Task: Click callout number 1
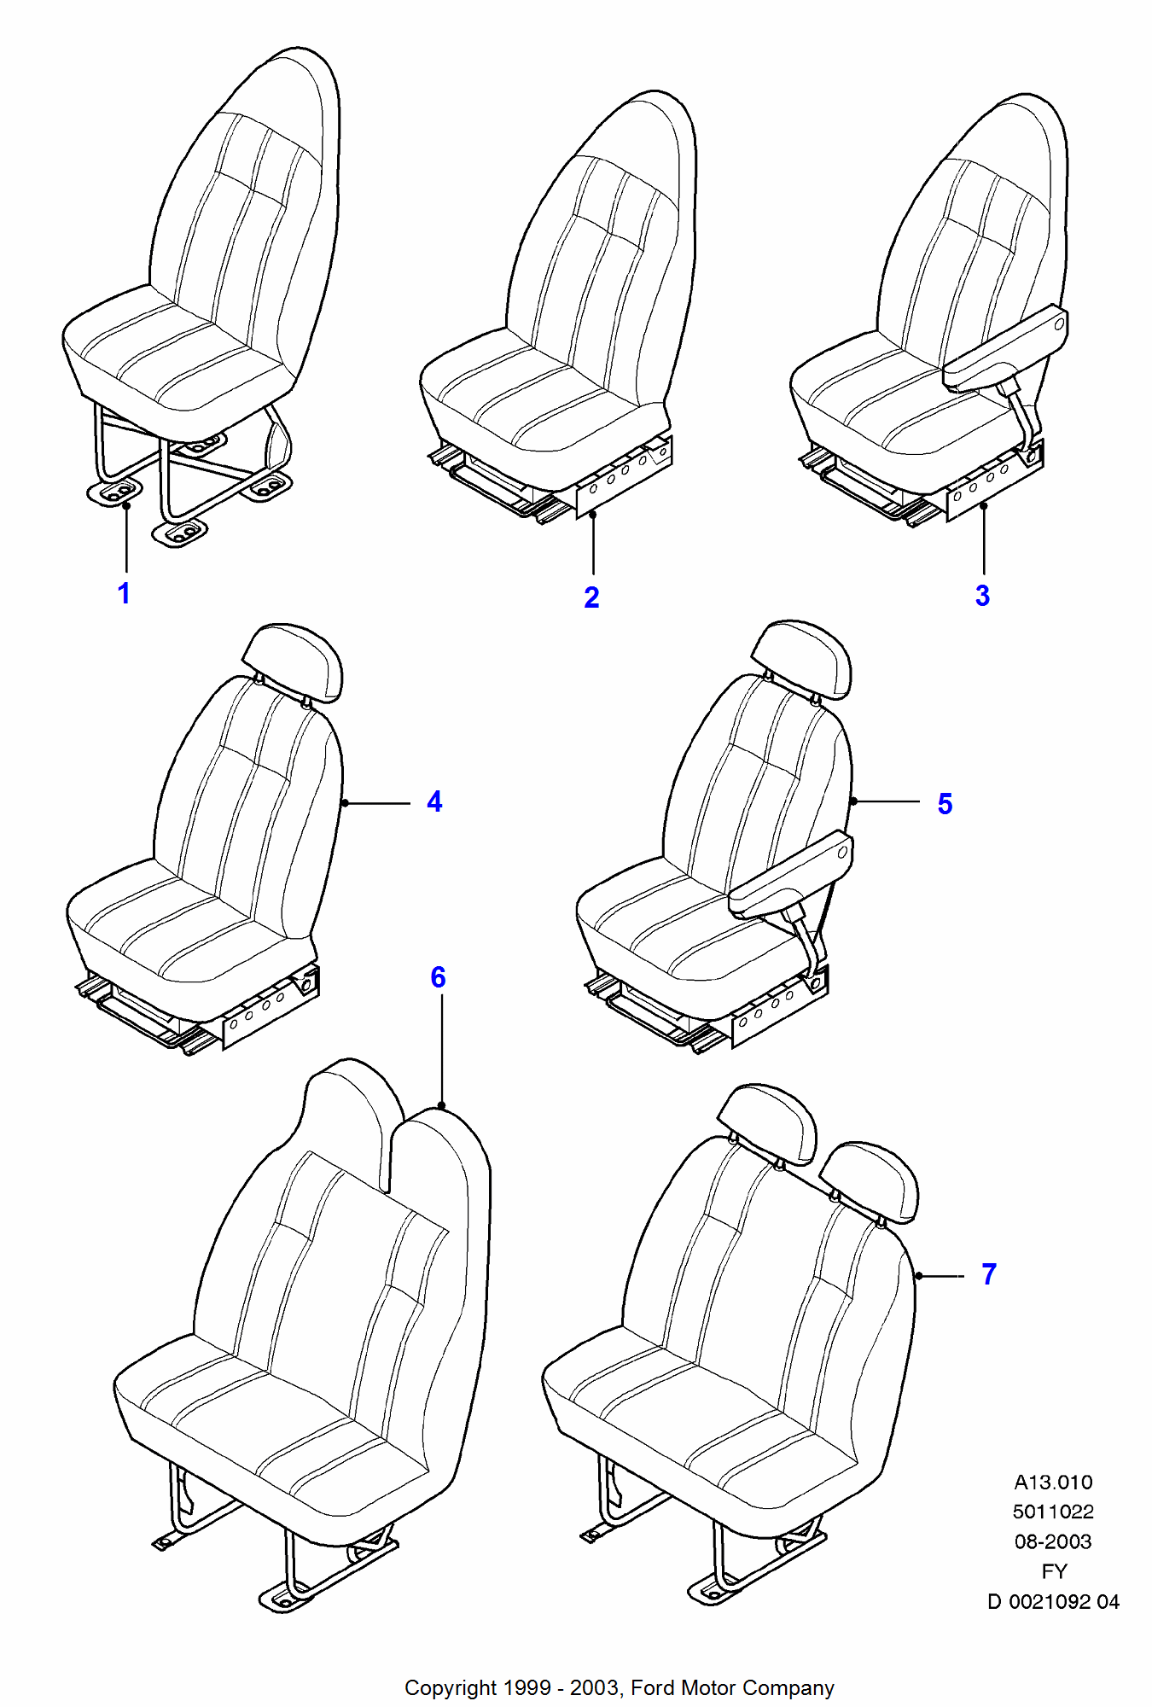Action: click(x=124, y=593)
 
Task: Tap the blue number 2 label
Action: click(x=591, y=597)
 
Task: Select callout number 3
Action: click(x=982, y=596)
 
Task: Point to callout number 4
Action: click(x=434, y=801)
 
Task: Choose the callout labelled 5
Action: click(x=945, y=804)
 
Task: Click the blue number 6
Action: click(x=438, y=977)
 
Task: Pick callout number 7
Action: click(x=989, y=1274)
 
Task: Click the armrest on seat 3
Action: click(x=1005, y=347)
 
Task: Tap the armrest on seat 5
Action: click(x=790, y=875)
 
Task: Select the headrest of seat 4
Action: click(x=292, y=662)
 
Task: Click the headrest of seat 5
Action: click(x=801, y=659)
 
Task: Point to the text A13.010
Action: click(x=1053, y=1483)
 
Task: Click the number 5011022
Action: click(x=1053, y=1512)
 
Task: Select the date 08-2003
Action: click(x=1053, y=1542)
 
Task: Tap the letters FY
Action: click(x=1054, y=1572)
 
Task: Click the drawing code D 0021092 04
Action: click(x=1053, y=1602)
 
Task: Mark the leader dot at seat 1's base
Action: click(x=126, y=505)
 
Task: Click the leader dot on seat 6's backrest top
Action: click(x=441, y=1106)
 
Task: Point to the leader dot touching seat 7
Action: click(x=919, y=1276)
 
